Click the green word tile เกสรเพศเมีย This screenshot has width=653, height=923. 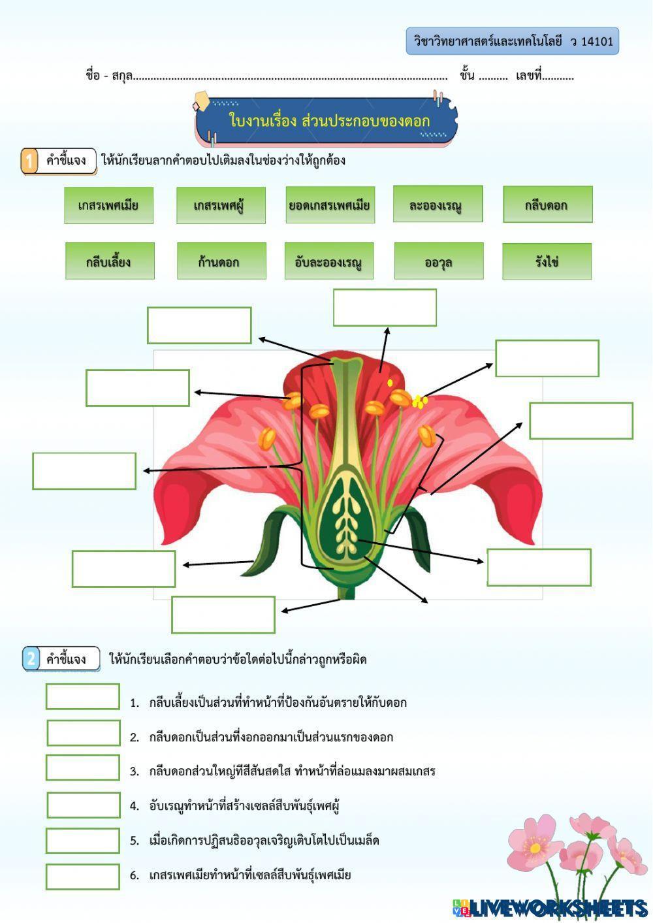coord(108,205)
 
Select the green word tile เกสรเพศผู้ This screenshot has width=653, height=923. coord(221,205)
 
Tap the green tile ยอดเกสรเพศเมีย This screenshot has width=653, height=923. coord(330,205)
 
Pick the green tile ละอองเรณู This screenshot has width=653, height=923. coord(438,204)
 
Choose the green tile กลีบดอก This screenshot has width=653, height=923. coord(547,204)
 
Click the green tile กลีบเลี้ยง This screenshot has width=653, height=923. coord(110,261)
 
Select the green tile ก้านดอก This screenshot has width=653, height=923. coord(221,261)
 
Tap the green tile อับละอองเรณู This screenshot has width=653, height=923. coord(329,261)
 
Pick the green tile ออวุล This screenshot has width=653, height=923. coord(439,261)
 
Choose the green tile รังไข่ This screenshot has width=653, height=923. coord(547,261)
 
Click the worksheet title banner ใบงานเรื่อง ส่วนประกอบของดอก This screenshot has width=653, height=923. coord(326,121)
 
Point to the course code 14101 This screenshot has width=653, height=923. coord(597,42)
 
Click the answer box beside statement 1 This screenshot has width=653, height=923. coord(83,696)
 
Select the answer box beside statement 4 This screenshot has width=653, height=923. coord(83,805)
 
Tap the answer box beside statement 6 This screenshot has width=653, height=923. coord(83,877)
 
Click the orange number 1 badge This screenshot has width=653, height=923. coord(29,161)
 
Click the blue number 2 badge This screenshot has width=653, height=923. coord(31,658)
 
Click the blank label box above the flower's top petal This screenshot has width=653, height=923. coord(385,308)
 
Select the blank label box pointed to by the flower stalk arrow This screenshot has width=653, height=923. coord(223,615)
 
